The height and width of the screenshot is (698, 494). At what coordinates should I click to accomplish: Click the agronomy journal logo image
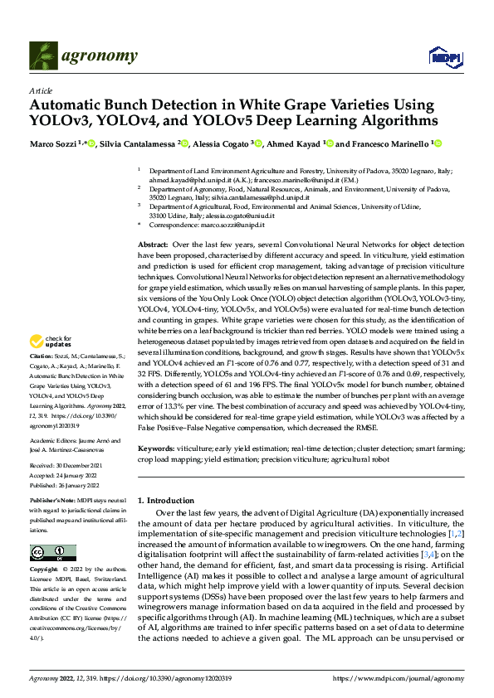pyautogui.click(x=44, y=56)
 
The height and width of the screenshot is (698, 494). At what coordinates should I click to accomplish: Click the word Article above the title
pyautogui.click(x=41, y=90)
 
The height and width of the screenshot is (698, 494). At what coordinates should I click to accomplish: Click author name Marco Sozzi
pyautogui.click(x=51, y=143)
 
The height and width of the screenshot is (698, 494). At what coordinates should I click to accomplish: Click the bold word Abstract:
pyautogui.click(x=152, y=245)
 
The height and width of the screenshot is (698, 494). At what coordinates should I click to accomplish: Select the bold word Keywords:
pyautogui.click(x=158, y=448)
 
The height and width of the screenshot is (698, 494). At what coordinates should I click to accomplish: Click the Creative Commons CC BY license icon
pyautogui.click(x=53, y=553)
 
